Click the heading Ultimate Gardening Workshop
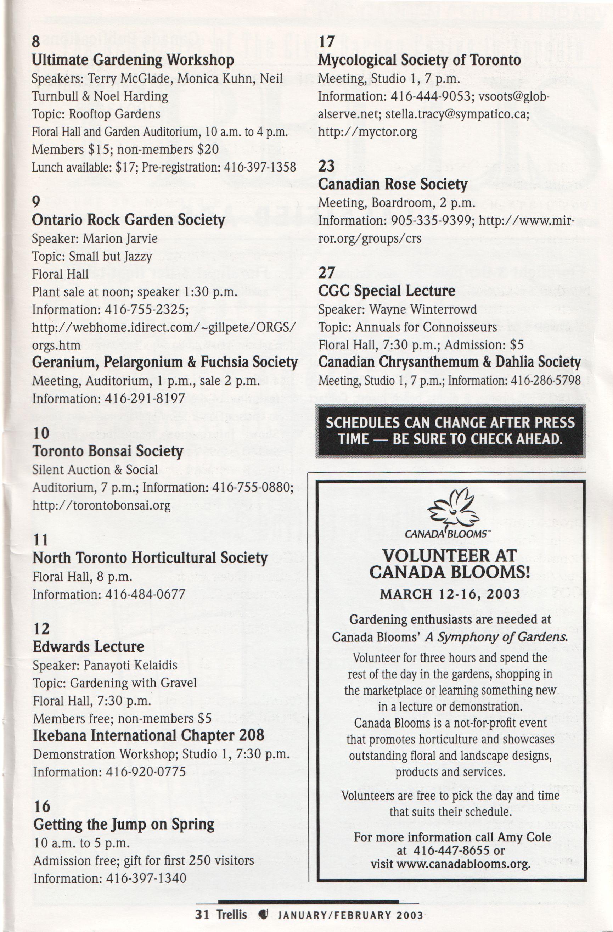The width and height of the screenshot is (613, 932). point(133,60)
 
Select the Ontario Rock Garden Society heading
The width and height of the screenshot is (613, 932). point(128,220)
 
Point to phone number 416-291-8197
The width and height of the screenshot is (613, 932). point(145,399)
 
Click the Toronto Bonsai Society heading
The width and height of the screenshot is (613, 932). point(108,451)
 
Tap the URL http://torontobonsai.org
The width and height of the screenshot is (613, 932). point(101,505)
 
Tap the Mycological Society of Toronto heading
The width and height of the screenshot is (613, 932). point(419,60)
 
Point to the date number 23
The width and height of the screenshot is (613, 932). point(326,166)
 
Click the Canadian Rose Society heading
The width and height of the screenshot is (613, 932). point(393,184)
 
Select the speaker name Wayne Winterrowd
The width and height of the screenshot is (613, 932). point(423,309)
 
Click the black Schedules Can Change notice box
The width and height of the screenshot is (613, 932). point(450,431)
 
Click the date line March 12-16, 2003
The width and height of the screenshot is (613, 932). point(450,594)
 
